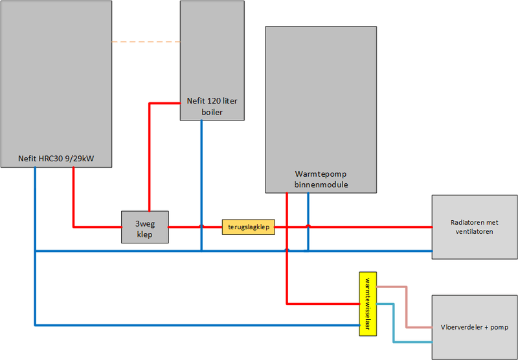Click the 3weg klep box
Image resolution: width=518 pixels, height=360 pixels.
(145, 227)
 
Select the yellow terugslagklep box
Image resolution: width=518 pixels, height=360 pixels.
(249, 227)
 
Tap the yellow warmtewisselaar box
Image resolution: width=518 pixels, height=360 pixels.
(368, 303)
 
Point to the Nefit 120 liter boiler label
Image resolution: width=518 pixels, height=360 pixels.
(212, 106)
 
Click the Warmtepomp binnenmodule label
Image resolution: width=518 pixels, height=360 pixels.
(321, 179)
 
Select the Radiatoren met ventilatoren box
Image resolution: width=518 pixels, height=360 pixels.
(474, 227)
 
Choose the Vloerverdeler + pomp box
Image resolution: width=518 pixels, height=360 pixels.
(474, 327)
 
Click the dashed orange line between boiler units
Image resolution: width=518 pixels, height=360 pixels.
(146, 42)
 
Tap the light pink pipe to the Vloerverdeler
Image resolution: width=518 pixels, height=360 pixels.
(406, 308)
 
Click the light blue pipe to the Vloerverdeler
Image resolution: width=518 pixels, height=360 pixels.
(393, 324)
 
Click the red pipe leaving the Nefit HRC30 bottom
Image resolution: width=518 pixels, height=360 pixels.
(73, 194)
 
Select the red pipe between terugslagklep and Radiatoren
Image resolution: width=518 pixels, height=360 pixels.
(369, 227)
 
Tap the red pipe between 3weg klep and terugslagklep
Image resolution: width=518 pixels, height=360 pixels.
(194, 227)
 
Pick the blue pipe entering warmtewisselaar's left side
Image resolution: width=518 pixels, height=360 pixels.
(194, 324)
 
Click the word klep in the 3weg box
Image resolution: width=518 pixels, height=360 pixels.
(145, 234)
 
